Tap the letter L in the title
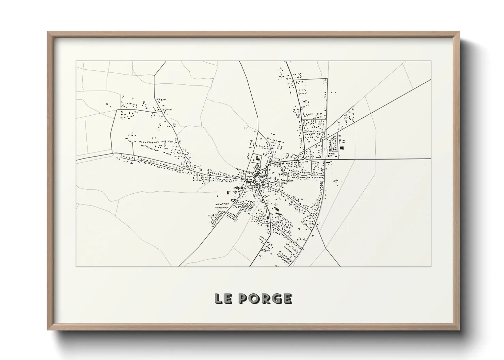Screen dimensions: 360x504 pos(218,298)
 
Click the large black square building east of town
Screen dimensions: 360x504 pos(342,148)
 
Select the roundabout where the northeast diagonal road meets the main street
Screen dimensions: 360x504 pos(302,158)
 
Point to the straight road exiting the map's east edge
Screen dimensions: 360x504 pos(392,159)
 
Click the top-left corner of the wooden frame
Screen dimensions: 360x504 pos(48,32)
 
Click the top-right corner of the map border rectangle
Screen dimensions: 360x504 pos(431,61)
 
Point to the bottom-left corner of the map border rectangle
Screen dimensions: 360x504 pos(76,266)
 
